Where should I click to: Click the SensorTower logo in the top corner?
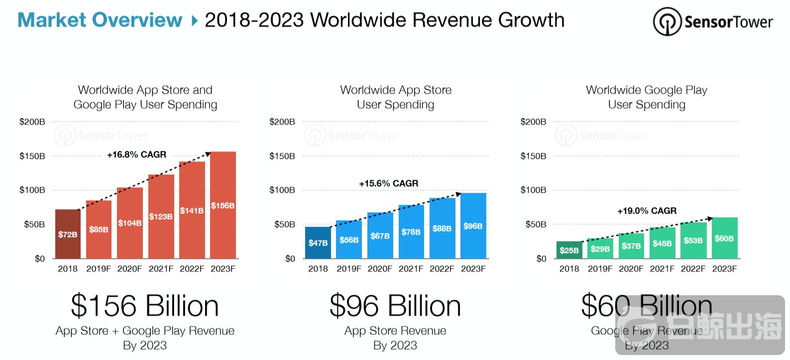[x=712, y=21]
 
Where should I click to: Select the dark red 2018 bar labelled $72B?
[x=68, y=234]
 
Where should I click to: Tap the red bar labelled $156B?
[x=223, y=205]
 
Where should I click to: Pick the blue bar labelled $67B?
[x=380, y=236]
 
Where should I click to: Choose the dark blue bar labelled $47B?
[x=318, y=242]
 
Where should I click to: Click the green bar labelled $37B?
[x=631, y=246]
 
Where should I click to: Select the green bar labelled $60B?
[x=724, y=238]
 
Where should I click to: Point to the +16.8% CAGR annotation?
[x=136, y=155]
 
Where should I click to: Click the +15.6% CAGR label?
[x=388, y=184]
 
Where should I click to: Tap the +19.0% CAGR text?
[x=647, y=211]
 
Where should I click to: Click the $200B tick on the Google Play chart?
[x=533, y=122]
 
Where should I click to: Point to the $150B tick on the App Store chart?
[x=282, y=156]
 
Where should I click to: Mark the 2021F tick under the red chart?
[x=161, y=269]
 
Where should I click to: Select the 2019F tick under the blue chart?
[x=349, y=269]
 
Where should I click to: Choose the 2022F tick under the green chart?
[x=693, y=269]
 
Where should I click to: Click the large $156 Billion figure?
[x=145, y=306]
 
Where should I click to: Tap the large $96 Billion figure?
[x=395, y=306]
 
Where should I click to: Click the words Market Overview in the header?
[x=100, y=20]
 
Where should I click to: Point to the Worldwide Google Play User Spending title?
[x=647, y=97]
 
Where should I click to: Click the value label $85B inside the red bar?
[x=99, y=230]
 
